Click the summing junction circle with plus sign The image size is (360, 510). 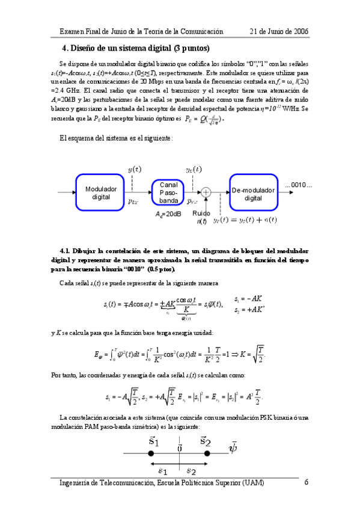click(206, 192)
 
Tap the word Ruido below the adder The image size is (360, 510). click(201, 214)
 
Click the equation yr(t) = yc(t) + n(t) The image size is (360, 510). click(245, 220)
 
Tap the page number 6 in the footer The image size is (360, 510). click(307, 482)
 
